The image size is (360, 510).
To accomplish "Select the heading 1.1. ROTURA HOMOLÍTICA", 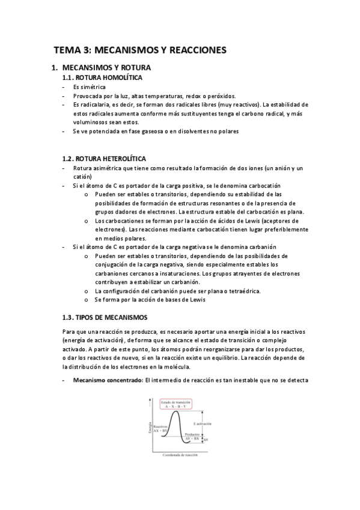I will tap(103, 77).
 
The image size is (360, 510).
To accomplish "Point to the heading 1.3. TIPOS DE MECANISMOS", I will tap(104, 316).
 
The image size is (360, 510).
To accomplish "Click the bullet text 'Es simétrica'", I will tap(89, 87).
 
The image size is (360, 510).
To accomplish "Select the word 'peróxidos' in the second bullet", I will tap(221, 96).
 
